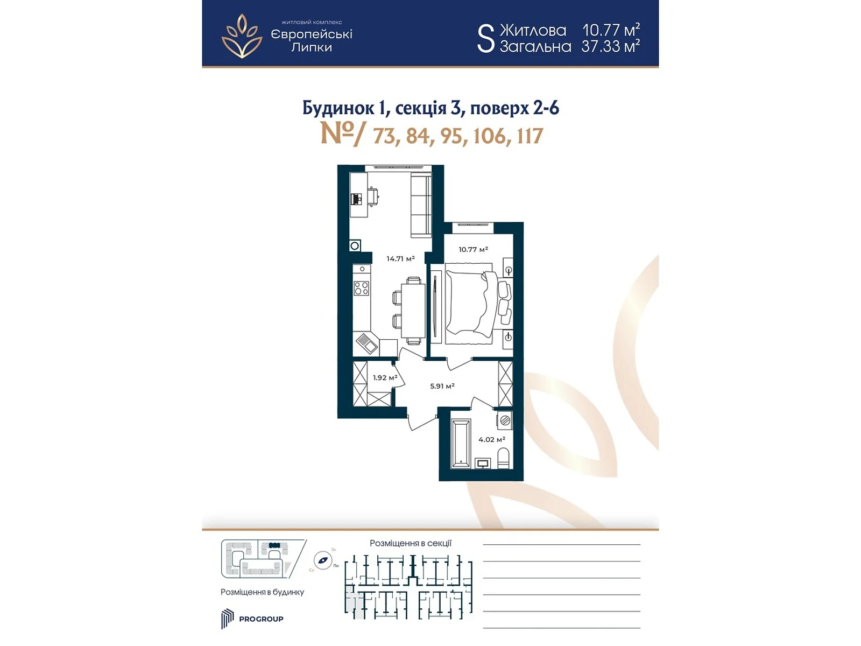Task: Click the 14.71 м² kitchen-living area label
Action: [400, 259]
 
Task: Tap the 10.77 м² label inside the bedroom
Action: [472, 250]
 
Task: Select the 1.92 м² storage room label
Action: [385, 378]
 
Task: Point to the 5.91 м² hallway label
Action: [442, 386]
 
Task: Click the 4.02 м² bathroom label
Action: [491, 440]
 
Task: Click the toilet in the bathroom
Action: [504, 459]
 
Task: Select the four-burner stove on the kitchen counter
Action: [362, 288]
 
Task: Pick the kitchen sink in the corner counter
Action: [366, 343]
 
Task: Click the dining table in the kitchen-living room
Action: [413, 311]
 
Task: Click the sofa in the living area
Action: [421, 205]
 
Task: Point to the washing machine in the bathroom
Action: [504, 420]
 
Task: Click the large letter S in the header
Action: [485, 38]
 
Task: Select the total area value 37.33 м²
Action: [610, 47]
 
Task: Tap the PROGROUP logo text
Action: [261, 619]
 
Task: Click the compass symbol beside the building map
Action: [323, 560]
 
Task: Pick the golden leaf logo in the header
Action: [242, 36]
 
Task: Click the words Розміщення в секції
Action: [410, 544]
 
